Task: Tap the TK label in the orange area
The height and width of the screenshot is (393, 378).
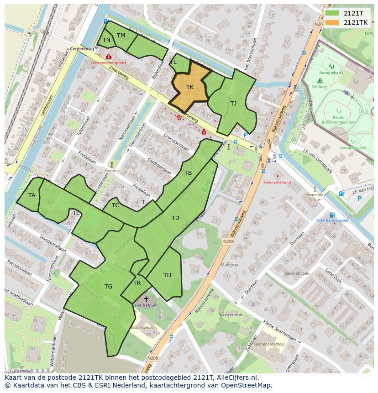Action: point(190,87)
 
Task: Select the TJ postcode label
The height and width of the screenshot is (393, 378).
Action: point(233,103)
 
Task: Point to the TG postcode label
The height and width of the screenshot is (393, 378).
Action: point(108,287)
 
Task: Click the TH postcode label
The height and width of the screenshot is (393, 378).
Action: point(167,275)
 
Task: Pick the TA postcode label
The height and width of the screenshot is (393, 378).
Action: point(31,195)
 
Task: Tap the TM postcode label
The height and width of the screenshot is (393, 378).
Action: point(121,36)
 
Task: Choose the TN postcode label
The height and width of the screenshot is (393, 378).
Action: point(106,40)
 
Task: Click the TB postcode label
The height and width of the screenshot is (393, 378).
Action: point(188,173)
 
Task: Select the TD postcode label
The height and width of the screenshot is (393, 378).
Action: point(175,218)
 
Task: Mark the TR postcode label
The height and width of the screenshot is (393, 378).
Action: point(137,283)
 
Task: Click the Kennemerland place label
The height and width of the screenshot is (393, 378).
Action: point(278,182)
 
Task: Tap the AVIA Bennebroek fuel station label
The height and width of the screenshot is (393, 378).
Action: point(332,220)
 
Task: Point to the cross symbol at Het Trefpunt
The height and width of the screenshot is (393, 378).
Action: point(146,299)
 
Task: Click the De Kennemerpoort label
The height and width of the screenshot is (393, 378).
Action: point(108,63)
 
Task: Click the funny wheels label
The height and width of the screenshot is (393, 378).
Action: point(331,73)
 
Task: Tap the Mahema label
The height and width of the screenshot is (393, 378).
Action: point(229,265)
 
